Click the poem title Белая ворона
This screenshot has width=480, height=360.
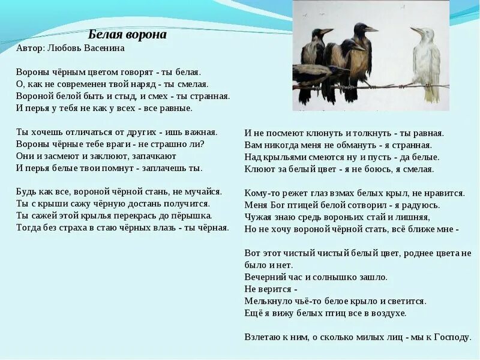click(127, 35)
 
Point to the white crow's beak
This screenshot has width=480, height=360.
click(415, 31)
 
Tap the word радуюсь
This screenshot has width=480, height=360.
click(415, 205)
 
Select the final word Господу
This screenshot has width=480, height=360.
click(450, 337)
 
